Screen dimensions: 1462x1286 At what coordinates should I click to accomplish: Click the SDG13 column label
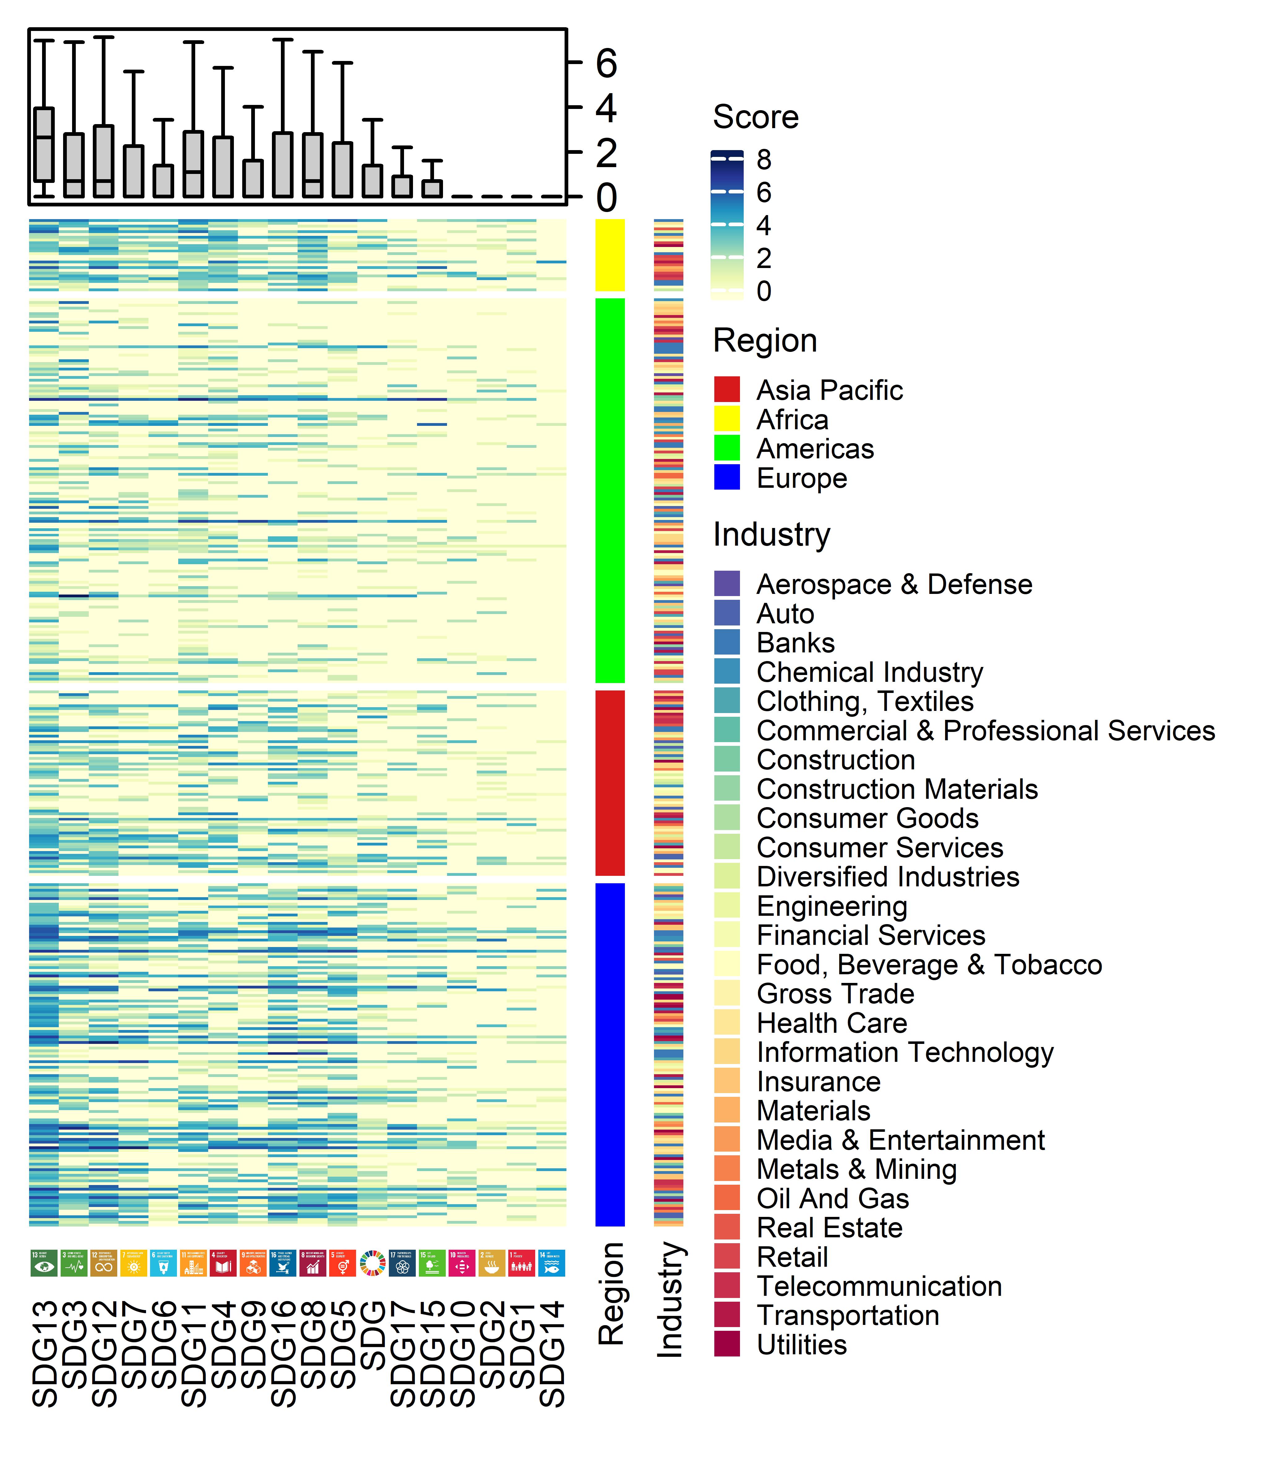click(44, 1354)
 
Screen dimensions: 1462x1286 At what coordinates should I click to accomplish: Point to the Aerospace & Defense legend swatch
click(726, 584)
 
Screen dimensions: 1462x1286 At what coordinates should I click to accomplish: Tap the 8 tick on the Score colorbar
click(763, 159)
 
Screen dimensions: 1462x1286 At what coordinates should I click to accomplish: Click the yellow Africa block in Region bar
click(610, 255)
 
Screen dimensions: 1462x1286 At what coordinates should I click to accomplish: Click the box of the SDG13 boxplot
click(44, 145)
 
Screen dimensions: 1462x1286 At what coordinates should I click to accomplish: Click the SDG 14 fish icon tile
click(551, 1263)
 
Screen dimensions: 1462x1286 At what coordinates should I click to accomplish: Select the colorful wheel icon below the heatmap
click(372, 1263)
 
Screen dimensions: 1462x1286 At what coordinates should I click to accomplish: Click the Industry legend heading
click(771, 534)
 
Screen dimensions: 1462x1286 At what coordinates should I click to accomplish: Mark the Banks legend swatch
click(726, 642)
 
